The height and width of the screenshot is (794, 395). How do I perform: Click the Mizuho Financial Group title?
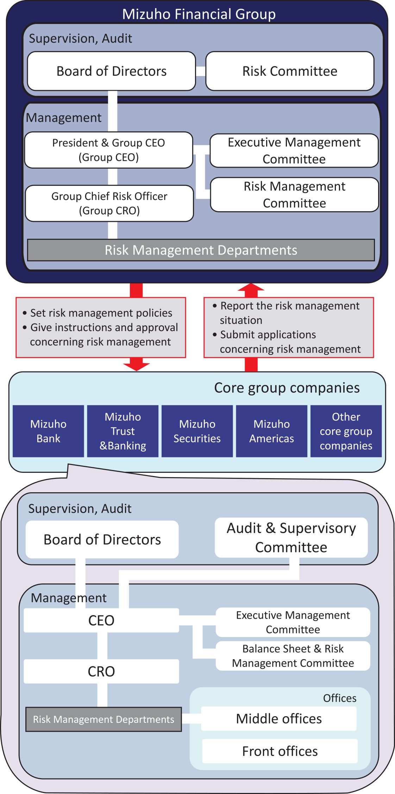(x=199, y=14)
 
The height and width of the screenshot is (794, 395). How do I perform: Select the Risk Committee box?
(x=290, y=71)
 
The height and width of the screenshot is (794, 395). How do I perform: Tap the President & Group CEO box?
(x=108, y=150)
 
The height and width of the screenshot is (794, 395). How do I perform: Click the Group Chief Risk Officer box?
(x=109, y=203)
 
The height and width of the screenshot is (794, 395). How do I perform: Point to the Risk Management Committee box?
(x=294, y=195)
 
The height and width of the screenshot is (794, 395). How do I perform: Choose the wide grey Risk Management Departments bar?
(x=201, y=250)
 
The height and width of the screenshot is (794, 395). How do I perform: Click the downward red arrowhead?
(x=137, y=365)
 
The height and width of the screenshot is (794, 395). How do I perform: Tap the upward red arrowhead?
(x=251, y=288)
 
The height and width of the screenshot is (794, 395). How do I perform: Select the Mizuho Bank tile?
(x=48, y=431)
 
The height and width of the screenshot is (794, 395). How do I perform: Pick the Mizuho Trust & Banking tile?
(x=123, y=431)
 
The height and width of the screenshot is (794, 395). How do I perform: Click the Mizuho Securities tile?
(x=197, y=431)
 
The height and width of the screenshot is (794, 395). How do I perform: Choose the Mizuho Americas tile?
(x=271, y=431)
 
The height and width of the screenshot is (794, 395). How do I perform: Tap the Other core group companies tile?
(x=346, y=431)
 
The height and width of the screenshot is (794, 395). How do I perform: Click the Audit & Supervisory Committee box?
(x=291, y=538)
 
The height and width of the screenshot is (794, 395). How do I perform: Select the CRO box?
(x=101, y=671)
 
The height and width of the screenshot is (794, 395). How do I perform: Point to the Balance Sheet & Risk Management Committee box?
(x=293, y=656)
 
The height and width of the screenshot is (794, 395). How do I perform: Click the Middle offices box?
(x=279, y=719)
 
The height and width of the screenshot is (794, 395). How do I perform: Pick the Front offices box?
(x=280, y=751)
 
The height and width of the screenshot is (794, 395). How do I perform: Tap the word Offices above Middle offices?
(x=340, y=698)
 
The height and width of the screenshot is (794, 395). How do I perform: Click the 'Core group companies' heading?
(x=287, y=388)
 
